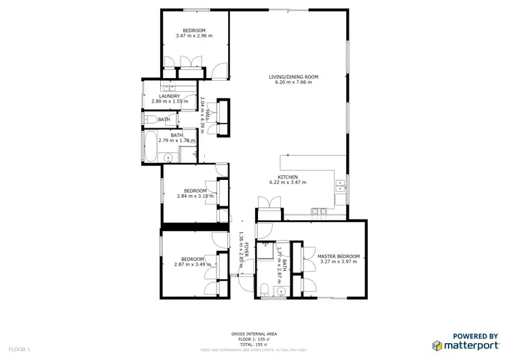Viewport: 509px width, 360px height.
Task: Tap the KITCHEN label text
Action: point(288,177)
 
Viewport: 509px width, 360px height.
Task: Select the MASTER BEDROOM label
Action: point(339,256)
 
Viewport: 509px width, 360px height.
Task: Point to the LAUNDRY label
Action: point(169,96)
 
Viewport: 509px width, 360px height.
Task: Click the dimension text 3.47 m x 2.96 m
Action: point(193,35)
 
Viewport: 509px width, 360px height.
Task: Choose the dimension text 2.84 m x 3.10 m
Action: point(195,196)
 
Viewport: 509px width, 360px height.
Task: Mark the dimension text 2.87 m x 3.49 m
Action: point(193,264)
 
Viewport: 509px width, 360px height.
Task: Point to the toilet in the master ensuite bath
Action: point(265,291)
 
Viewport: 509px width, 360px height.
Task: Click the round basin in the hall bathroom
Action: point(170,157)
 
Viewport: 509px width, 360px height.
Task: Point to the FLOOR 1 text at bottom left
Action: point(20,349)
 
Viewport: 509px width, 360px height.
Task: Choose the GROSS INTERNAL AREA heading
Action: point(254,334)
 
